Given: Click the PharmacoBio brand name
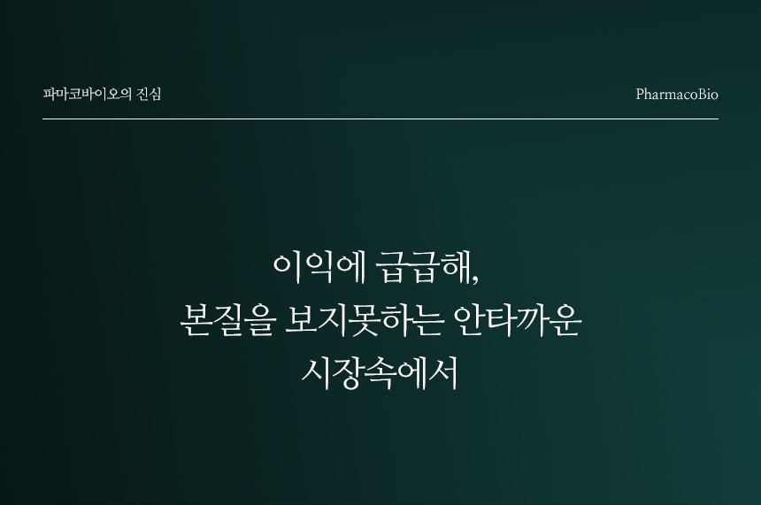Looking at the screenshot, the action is [677, 94].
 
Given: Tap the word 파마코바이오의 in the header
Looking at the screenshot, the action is [88, 94].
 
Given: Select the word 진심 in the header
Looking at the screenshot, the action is [149, 94].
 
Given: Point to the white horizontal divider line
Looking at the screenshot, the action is [380, 119].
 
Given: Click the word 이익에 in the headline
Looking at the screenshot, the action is [319, 267].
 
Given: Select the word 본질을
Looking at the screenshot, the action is [227, 321].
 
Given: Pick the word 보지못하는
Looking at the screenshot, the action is [364, 321].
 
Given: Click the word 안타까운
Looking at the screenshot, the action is [518, 321].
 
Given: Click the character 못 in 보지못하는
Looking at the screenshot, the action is [364, 321].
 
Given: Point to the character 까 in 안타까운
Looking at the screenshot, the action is [534, 321].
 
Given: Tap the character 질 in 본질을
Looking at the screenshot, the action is [228, 321].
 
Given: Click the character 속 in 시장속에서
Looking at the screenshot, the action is [380, 374].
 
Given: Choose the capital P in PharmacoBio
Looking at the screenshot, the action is [640, 94].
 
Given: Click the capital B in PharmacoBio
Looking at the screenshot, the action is [703, 94].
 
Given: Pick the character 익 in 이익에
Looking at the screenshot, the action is [319, 268].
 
